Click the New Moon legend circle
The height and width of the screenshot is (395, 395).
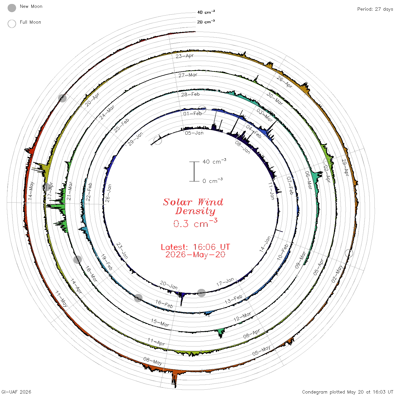click(12, 8)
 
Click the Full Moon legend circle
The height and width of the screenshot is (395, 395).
click(12, 24)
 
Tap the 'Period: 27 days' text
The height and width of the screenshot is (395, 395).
click(375, 9)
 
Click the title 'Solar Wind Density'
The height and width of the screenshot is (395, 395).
click(193, 207)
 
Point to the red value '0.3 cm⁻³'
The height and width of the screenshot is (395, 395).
click(195, 223)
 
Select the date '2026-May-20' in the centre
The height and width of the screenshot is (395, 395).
click(195, 254)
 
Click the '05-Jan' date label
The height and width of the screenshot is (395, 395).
click(194, 133)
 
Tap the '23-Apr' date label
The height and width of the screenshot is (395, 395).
click(185, 56)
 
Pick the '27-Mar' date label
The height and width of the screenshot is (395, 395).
click(188, 75)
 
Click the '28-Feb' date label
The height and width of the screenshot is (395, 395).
click(190, 94)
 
